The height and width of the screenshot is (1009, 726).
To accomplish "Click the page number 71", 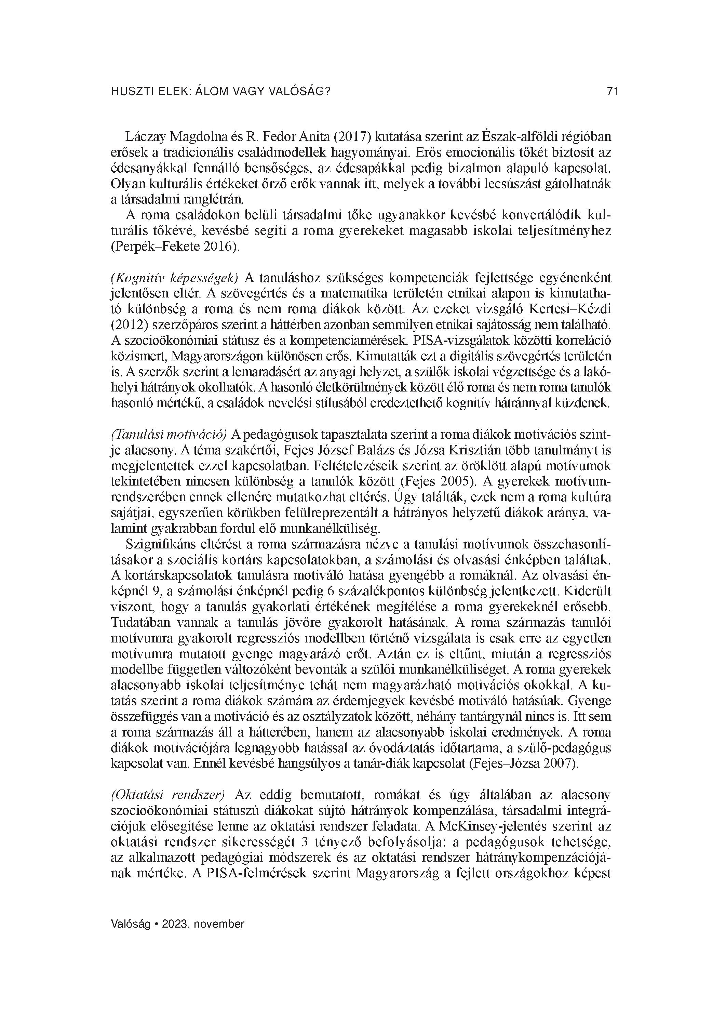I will (612, 92).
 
